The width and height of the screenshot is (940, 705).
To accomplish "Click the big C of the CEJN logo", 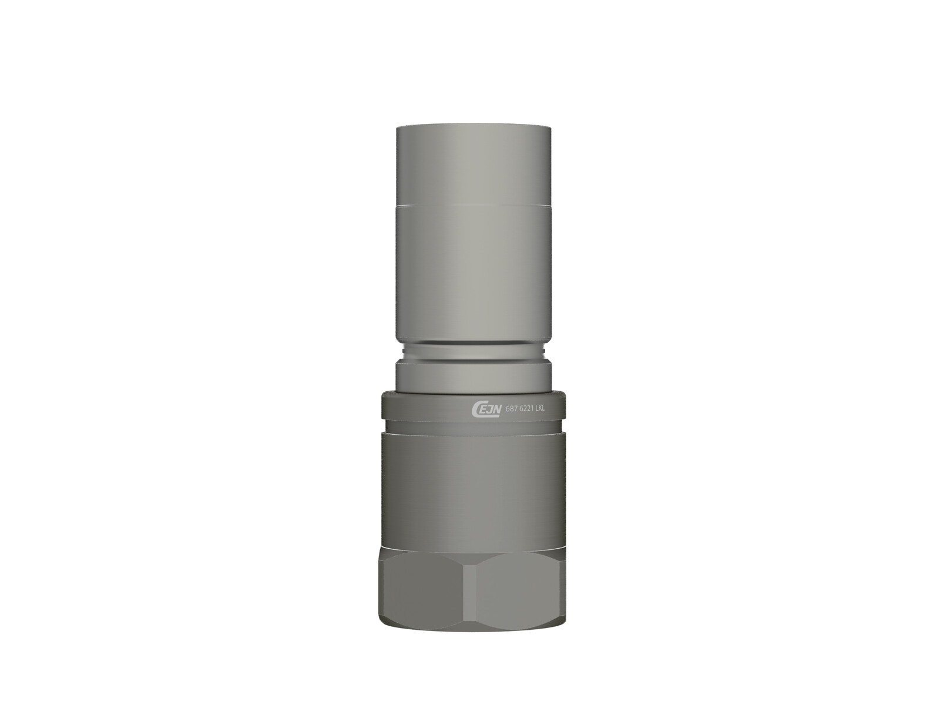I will pyautogui.click(x=477, y=409).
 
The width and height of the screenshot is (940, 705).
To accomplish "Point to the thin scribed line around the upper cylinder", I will pyautogui.click(x=474, y=204).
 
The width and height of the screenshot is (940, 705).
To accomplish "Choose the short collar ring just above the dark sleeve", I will pyautogui.click(x=474, y=377).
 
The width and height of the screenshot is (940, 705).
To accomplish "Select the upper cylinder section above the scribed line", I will pyautogui.click(x=474, y=164).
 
